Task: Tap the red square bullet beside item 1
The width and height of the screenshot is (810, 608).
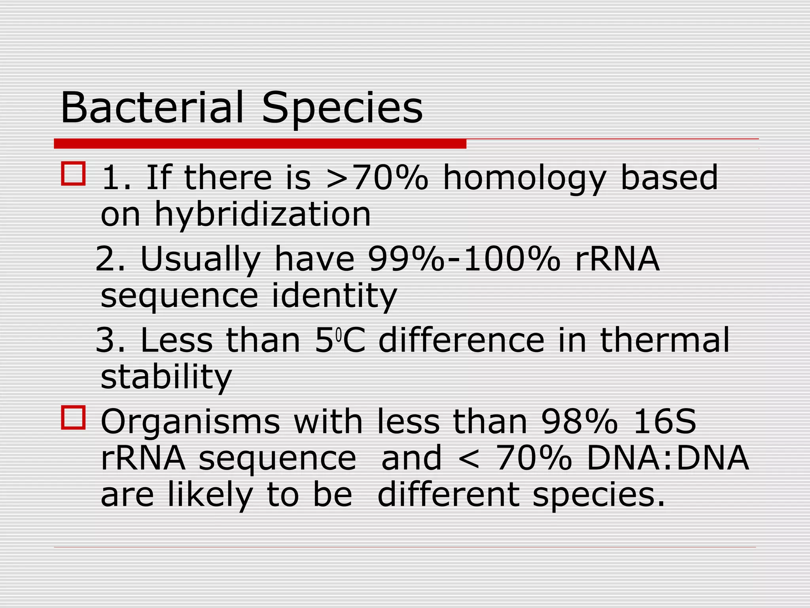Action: point(73,173)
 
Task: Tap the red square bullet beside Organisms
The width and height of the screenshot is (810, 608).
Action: point(73,418)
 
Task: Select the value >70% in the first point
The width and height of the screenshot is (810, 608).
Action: point(377,178)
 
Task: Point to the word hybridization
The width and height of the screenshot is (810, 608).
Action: point(263,215)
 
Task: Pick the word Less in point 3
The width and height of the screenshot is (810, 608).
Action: point(176,340)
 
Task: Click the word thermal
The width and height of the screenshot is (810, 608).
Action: point(664,340)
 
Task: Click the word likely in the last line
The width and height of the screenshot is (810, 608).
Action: point(210,496)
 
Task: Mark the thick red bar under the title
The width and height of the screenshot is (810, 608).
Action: point(260,144)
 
